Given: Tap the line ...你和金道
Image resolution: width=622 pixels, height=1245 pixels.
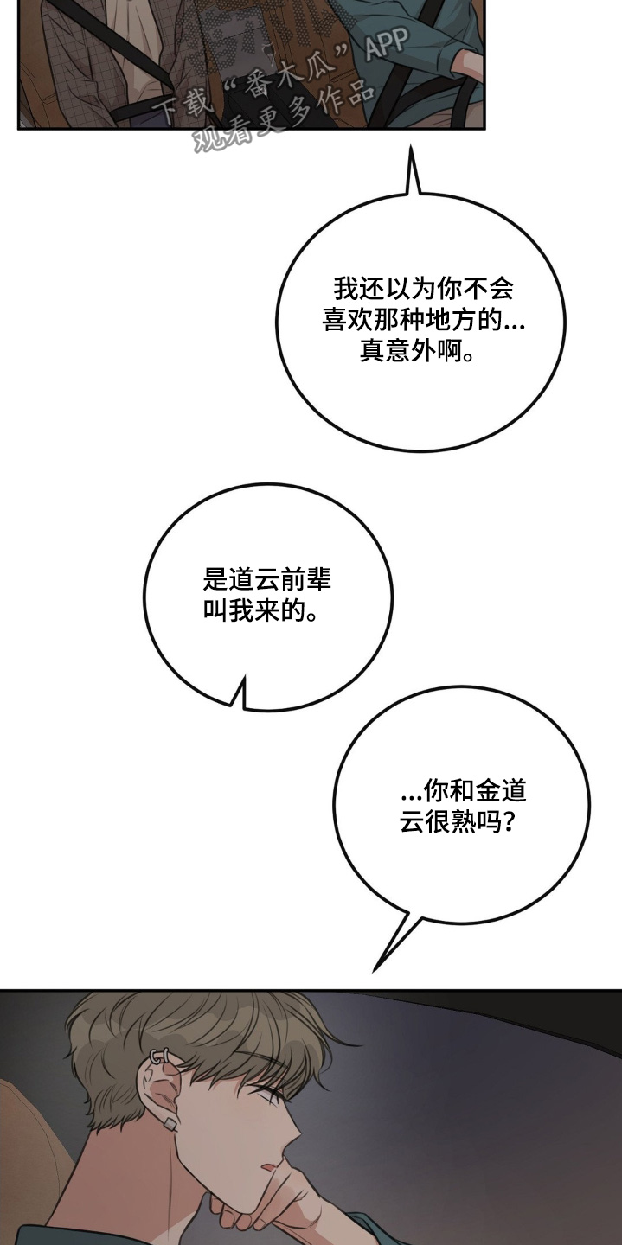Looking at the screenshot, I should tap(465, 790).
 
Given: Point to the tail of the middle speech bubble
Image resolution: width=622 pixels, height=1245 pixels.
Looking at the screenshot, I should tap(239, 693).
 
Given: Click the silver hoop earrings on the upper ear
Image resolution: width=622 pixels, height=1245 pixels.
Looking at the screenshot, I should tap(160, 1057).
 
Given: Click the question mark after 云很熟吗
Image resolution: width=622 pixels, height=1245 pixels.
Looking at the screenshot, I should tap(510, 822).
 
